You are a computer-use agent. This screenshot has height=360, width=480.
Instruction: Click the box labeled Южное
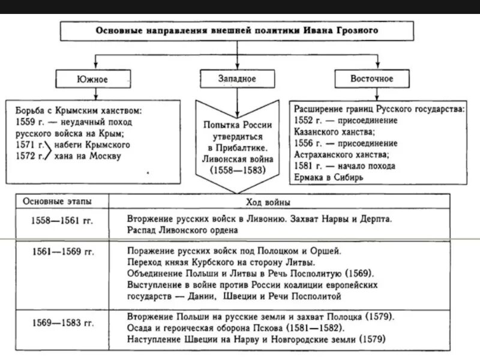click(x=93, y=79)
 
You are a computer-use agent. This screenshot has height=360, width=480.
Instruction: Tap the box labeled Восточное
click(x=373, y=79)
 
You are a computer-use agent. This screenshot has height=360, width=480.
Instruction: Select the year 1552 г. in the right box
click(x=308, y=121)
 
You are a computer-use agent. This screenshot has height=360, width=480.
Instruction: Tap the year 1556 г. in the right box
click(x=308, y=143)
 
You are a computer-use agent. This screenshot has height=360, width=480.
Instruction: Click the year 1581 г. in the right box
click(x=308, y=166)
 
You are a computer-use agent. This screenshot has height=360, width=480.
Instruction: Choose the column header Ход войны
click(x=266, y=202)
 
